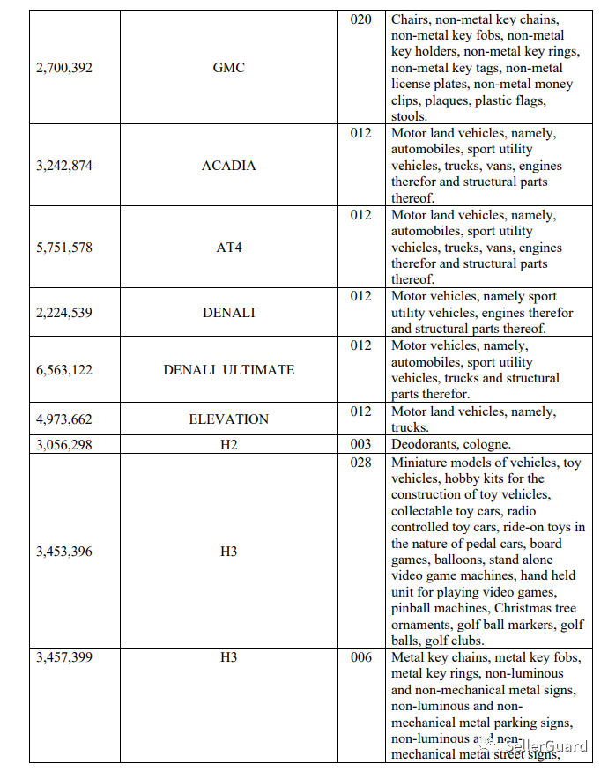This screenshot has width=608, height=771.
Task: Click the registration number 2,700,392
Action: pyautogui.click(x=64, y=68)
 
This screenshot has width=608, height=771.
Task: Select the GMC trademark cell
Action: pyautogui.click(x=229, y=68)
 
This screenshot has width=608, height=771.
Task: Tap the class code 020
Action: pyautogui.click(x=361, y=19)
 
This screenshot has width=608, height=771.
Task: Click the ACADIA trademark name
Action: pyautogui.click(x=229, y=166)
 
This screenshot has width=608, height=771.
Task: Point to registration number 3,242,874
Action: pyautogui.click(x=64, y=166)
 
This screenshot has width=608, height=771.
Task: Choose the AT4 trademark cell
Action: pyautogui.click(x=229, y=248)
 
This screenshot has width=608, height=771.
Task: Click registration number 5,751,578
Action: pyautogui.click(x=64, y=248)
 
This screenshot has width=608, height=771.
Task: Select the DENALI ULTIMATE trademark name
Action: pyautogui.click(x=229, y=370)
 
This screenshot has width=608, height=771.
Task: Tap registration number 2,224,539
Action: pyautogui.click(x=64, y=313)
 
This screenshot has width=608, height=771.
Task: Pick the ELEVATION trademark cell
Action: pyautogui.click(x=229, y=419)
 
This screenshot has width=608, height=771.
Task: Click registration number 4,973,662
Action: pyautogui.click(x=64, y=419)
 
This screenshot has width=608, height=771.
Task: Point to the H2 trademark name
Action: pyautogui.click(x=229, y=445)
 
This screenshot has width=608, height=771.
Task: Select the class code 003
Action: pyautogui.click(x=361, y=445)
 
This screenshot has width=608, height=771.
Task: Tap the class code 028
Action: pyautogui.click(x=361, y=463)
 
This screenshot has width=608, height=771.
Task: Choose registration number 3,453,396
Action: pyautogui.click(x=64, y=552)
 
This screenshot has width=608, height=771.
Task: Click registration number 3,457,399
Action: pyautogui.click(x=64, y=657)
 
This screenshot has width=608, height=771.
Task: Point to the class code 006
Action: pyautogui.click(x=361, y=657)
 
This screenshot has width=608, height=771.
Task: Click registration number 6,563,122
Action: pyautogui.click(x=64, y=370)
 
